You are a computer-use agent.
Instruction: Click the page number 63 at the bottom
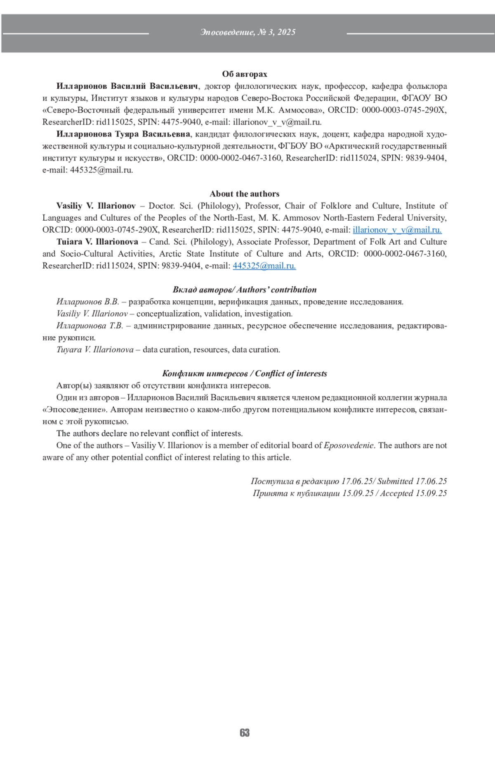[245, 733]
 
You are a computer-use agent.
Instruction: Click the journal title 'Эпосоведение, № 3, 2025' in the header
[248, 32]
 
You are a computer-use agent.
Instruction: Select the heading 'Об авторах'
[245, 74]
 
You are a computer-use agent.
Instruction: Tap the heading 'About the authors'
[245, 194]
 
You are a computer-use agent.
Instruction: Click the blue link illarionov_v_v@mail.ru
[397, 230]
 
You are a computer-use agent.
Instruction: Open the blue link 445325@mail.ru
[264, 266]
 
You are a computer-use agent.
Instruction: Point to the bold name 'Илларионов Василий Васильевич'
[127, 86]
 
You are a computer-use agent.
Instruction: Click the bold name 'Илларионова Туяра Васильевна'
[123, 134]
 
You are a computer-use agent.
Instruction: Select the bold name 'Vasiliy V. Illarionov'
[96, 206]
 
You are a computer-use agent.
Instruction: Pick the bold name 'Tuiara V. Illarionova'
[97, 242]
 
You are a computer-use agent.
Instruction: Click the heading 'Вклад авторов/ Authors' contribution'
[245, 290]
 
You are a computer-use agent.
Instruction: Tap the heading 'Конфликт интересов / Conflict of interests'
[245, 374]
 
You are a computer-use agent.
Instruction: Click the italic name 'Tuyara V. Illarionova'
[95, 350]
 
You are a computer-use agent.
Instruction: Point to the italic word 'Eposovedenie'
[349, 446]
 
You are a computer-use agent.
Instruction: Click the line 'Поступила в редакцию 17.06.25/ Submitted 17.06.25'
[349, 481]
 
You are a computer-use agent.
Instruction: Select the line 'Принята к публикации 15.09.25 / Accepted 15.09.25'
[350, 493]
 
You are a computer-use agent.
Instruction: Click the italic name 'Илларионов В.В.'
[87, 302]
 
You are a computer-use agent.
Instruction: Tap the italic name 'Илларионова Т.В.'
[90, 326]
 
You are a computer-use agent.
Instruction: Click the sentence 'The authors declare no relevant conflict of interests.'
[150, 434]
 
